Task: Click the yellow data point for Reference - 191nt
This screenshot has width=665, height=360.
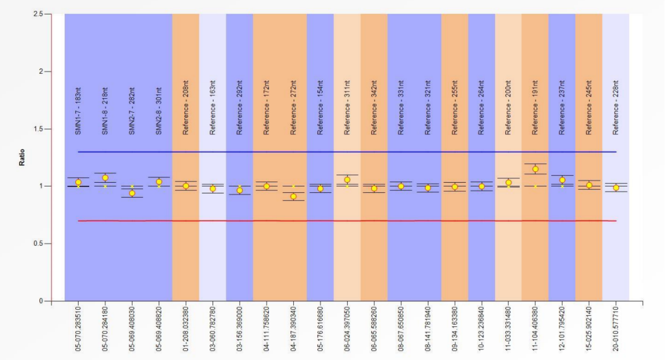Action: pos(535,169)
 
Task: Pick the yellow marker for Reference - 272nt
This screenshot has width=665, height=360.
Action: pos(293,197)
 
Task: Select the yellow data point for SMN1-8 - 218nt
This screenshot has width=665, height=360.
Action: pos(105,178)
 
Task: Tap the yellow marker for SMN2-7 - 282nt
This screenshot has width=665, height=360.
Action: pos(132,193)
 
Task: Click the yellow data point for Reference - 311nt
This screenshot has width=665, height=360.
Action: pos(347,180)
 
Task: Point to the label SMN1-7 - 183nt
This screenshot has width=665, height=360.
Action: pos(78,111)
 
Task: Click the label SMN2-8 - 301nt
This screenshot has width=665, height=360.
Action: pos(159,111)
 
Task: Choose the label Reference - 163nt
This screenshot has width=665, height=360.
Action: pos(213,110)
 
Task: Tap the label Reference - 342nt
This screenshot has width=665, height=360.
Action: pos(374,110)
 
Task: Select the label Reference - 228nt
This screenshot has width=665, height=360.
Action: pos(616,110)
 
